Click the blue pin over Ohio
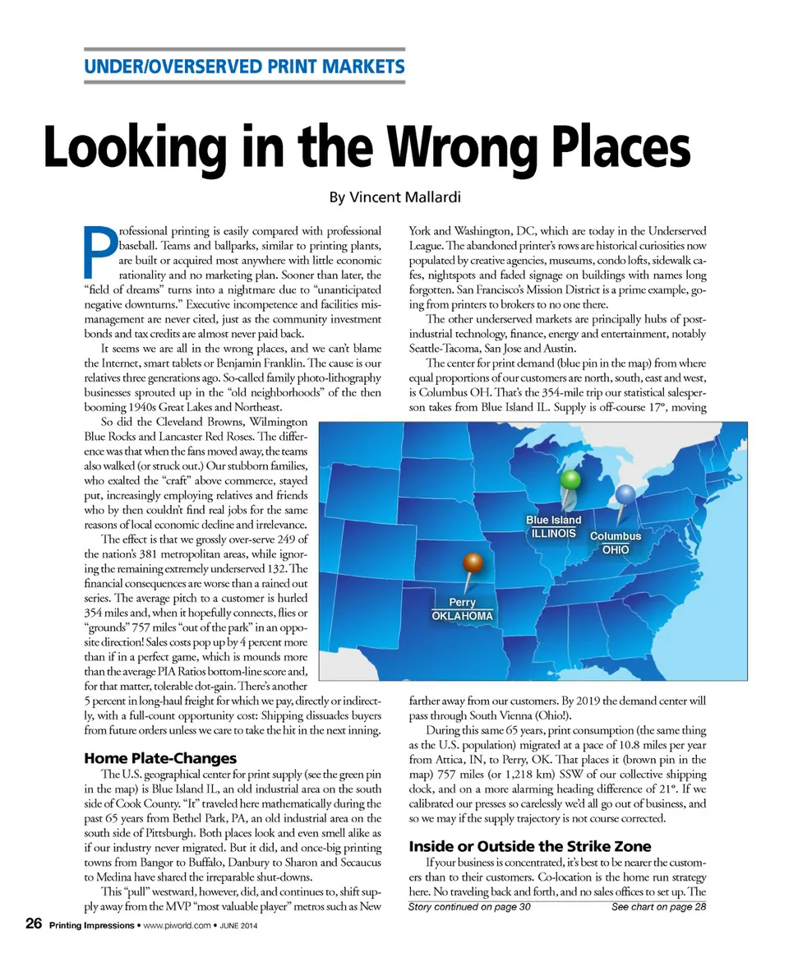tap(626, 494)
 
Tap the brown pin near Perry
tap(473, 564)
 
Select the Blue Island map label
tap(553, 520)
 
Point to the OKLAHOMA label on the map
tap(463, 616)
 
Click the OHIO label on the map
tap(616, 549)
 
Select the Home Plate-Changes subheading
tap(160, 757)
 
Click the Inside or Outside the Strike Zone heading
tap(529, 846)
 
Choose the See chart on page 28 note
tap(658, 907)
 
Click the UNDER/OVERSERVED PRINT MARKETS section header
tap(244, 66)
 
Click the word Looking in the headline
tap(140, 147)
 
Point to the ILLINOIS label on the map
tap(551, 533)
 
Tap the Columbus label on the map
tap(616, 536)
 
